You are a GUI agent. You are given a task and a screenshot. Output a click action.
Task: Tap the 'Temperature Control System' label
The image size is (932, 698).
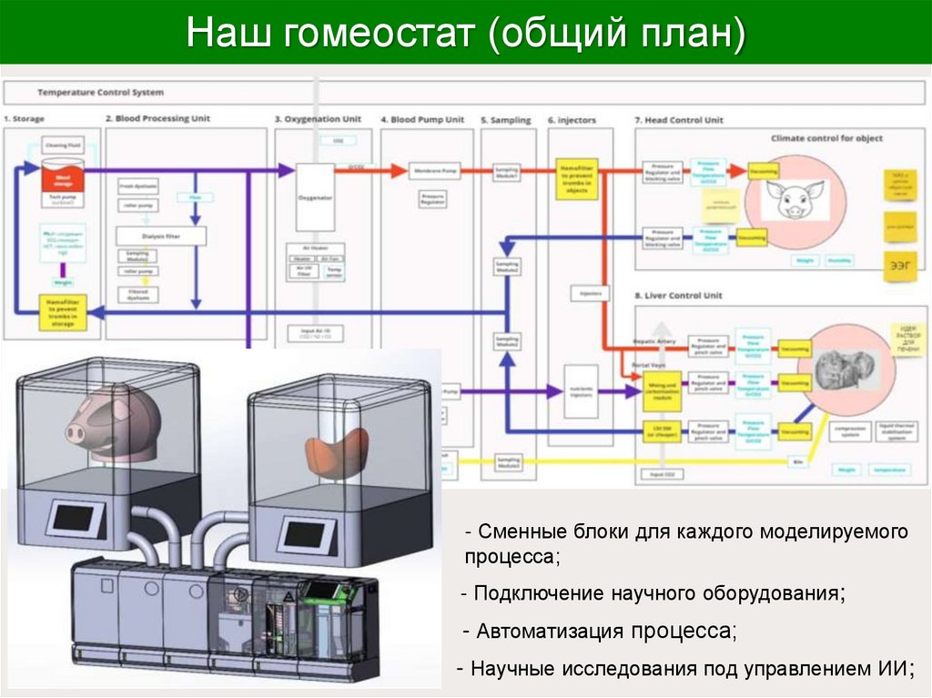(100, 92)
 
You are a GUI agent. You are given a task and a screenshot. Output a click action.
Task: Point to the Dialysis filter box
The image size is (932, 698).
(161, 237)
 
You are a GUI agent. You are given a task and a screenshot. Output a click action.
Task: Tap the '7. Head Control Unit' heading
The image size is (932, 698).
(678, 119)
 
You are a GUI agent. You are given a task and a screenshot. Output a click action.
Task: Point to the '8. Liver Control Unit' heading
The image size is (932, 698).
(679, 296)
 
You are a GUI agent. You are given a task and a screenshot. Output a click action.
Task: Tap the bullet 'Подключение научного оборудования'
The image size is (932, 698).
(653, 593)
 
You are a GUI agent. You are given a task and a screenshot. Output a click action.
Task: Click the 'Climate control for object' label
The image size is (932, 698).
(826, 138)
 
